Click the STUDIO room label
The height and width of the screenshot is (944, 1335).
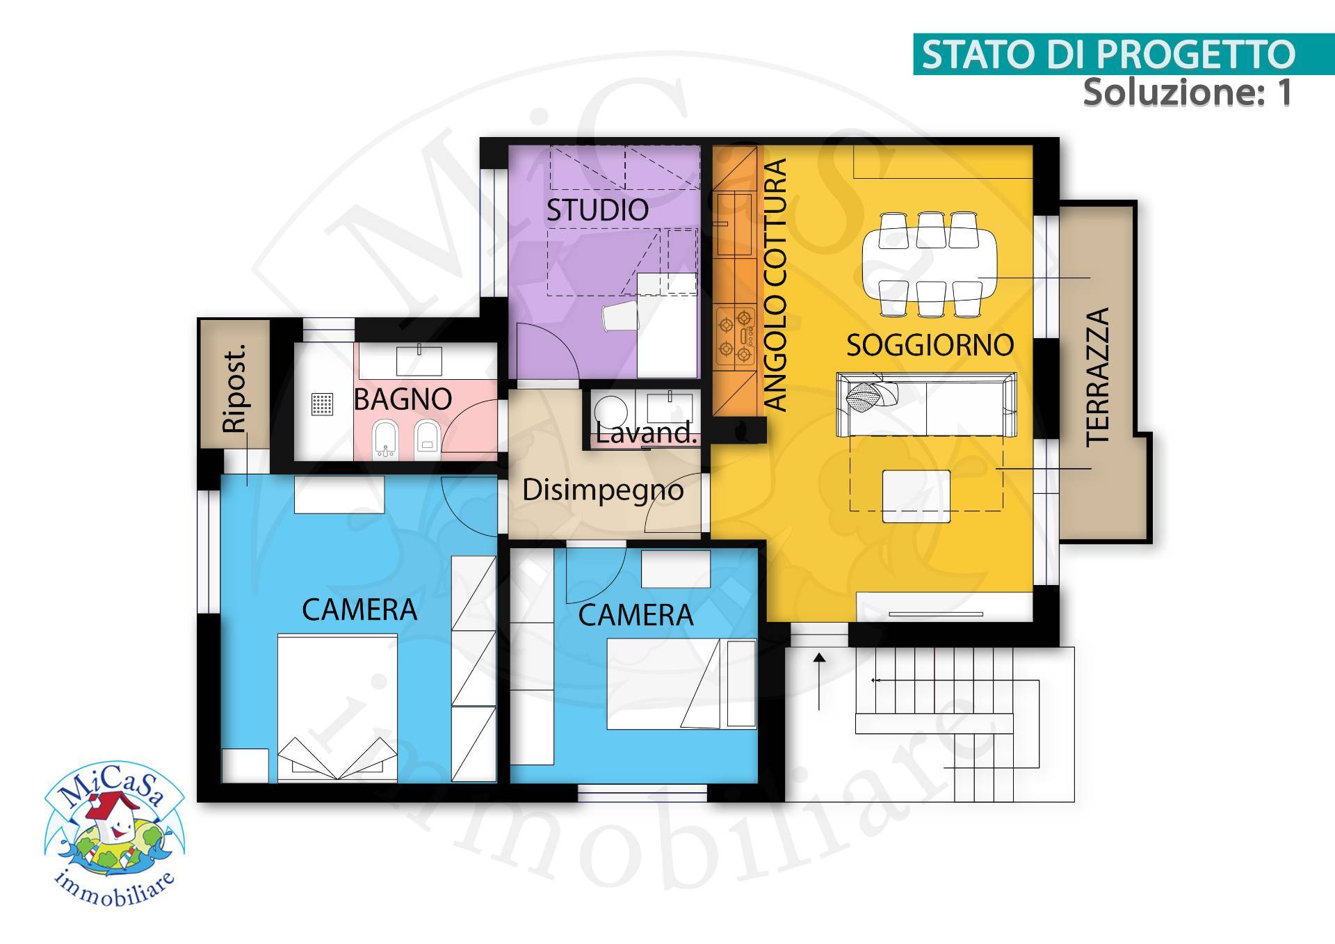coord(597,209)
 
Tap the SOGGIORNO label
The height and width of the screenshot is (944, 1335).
coord(930,345)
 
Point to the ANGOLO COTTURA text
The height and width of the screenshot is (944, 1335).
coord(775,285)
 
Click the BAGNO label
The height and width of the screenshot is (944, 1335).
coord(403,399)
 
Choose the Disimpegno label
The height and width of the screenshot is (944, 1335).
coord(603,490)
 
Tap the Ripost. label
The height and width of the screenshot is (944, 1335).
coord(235,389)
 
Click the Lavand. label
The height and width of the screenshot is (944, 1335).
coord(646,433)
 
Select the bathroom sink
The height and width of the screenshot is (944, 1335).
coord(419,358)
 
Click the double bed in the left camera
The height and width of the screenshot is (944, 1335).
coord(337,703)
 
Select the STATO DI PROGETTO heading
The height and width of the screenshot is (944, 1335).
coord(1108,54)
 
